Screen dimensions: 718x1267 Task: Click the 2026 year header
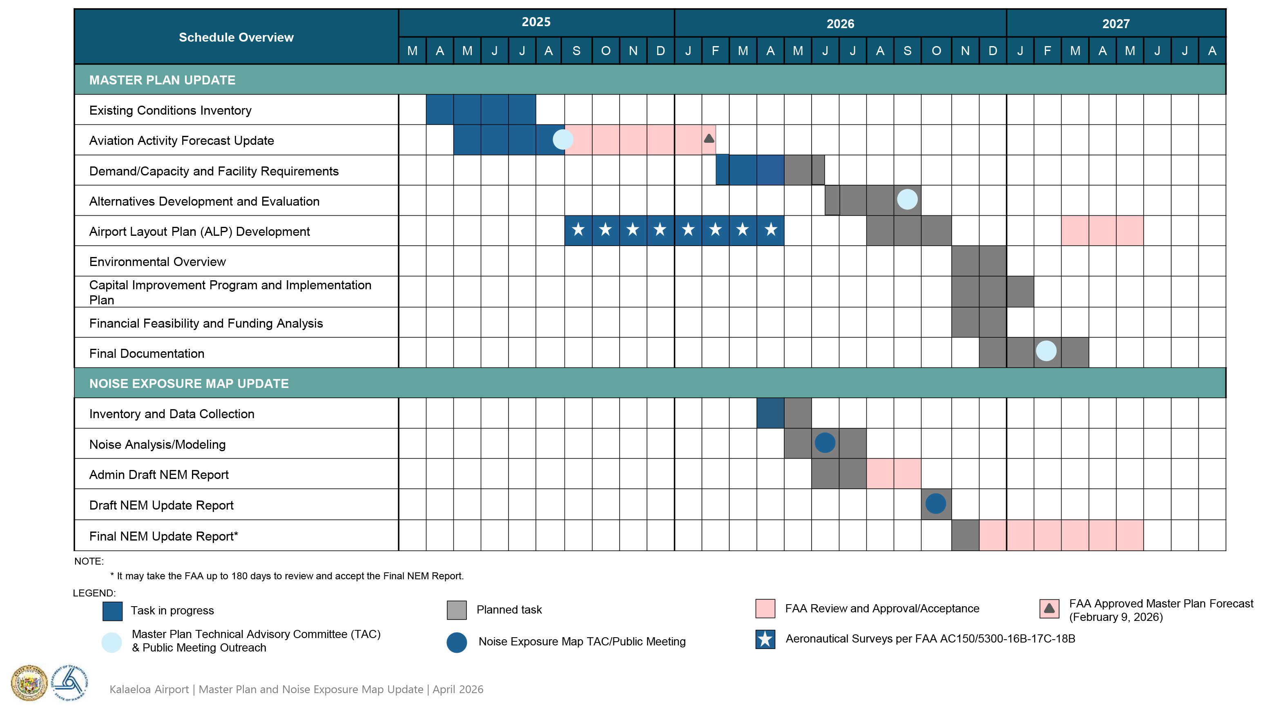coord(840,24)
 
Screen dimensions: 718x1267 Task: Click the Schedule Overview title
coord(236,38)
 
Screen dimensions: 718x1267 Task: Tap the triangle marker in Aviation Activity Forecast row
coord(709,139)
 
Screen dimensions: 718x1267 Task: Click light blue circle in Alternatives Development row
coord(907,200)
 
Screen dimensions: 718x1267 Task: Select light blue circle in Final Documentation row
coord(1046,351)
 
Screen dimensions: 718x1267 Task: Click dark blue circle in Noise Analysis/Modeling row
coord(825,443)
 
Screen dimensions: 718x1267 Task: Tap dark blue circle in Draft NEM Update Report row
coord(935,503)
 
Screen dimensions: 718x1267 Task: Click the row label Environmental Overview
coord(157,262)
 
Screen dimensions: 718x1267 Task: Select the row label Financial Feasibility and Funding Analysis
coord(206,324)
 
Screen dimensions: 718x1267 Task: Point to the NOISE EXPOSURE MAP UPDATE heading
coord(189,383)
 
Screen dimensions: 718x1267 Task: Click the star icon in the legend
coord(765,640)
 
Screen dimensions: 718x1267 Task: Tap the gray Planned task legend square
coord(457,610)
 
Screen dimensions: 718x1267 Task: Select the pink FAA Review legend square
coord(765,609)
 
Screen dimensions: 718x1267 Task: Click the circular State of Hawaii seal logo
coord(30,683)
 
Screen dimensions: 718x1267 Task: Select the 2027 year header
coord(1115,24)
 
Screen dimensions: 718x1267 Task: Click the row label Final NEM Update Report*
coord(163,536)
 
